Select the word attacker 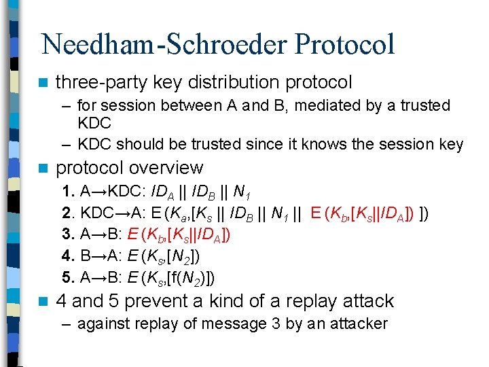pyautogui.click(x=358, y=324)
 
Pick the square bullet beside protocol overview pyautogui.click(x=43, y=169)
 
